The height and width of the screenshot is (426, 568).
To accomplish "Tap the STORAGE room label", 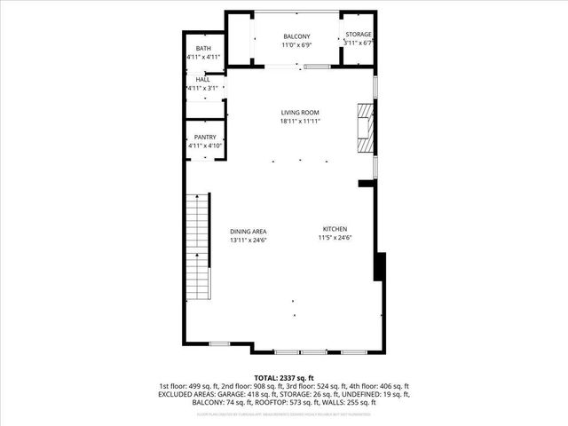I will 359,35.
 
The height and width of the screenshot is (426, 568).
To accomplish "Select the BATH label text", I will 203,48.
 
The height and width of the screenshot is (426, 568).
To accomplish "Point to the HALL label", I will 203,80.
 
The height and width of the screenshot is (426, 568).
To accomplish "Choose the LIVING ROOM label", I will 300,112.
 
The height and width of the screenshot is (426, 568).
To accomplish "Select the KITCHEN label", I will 335,229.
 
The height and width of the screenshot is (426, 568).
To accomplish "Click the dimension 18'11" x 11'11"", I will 300,121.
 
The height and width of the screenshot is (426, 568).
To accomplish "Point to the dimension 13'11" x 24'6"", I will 248,239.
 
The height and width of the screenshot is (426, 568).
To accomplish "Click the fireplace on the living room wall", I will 364,130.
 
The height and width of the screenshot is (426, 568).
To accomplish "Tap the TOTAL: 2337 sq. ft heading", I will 284,377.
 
